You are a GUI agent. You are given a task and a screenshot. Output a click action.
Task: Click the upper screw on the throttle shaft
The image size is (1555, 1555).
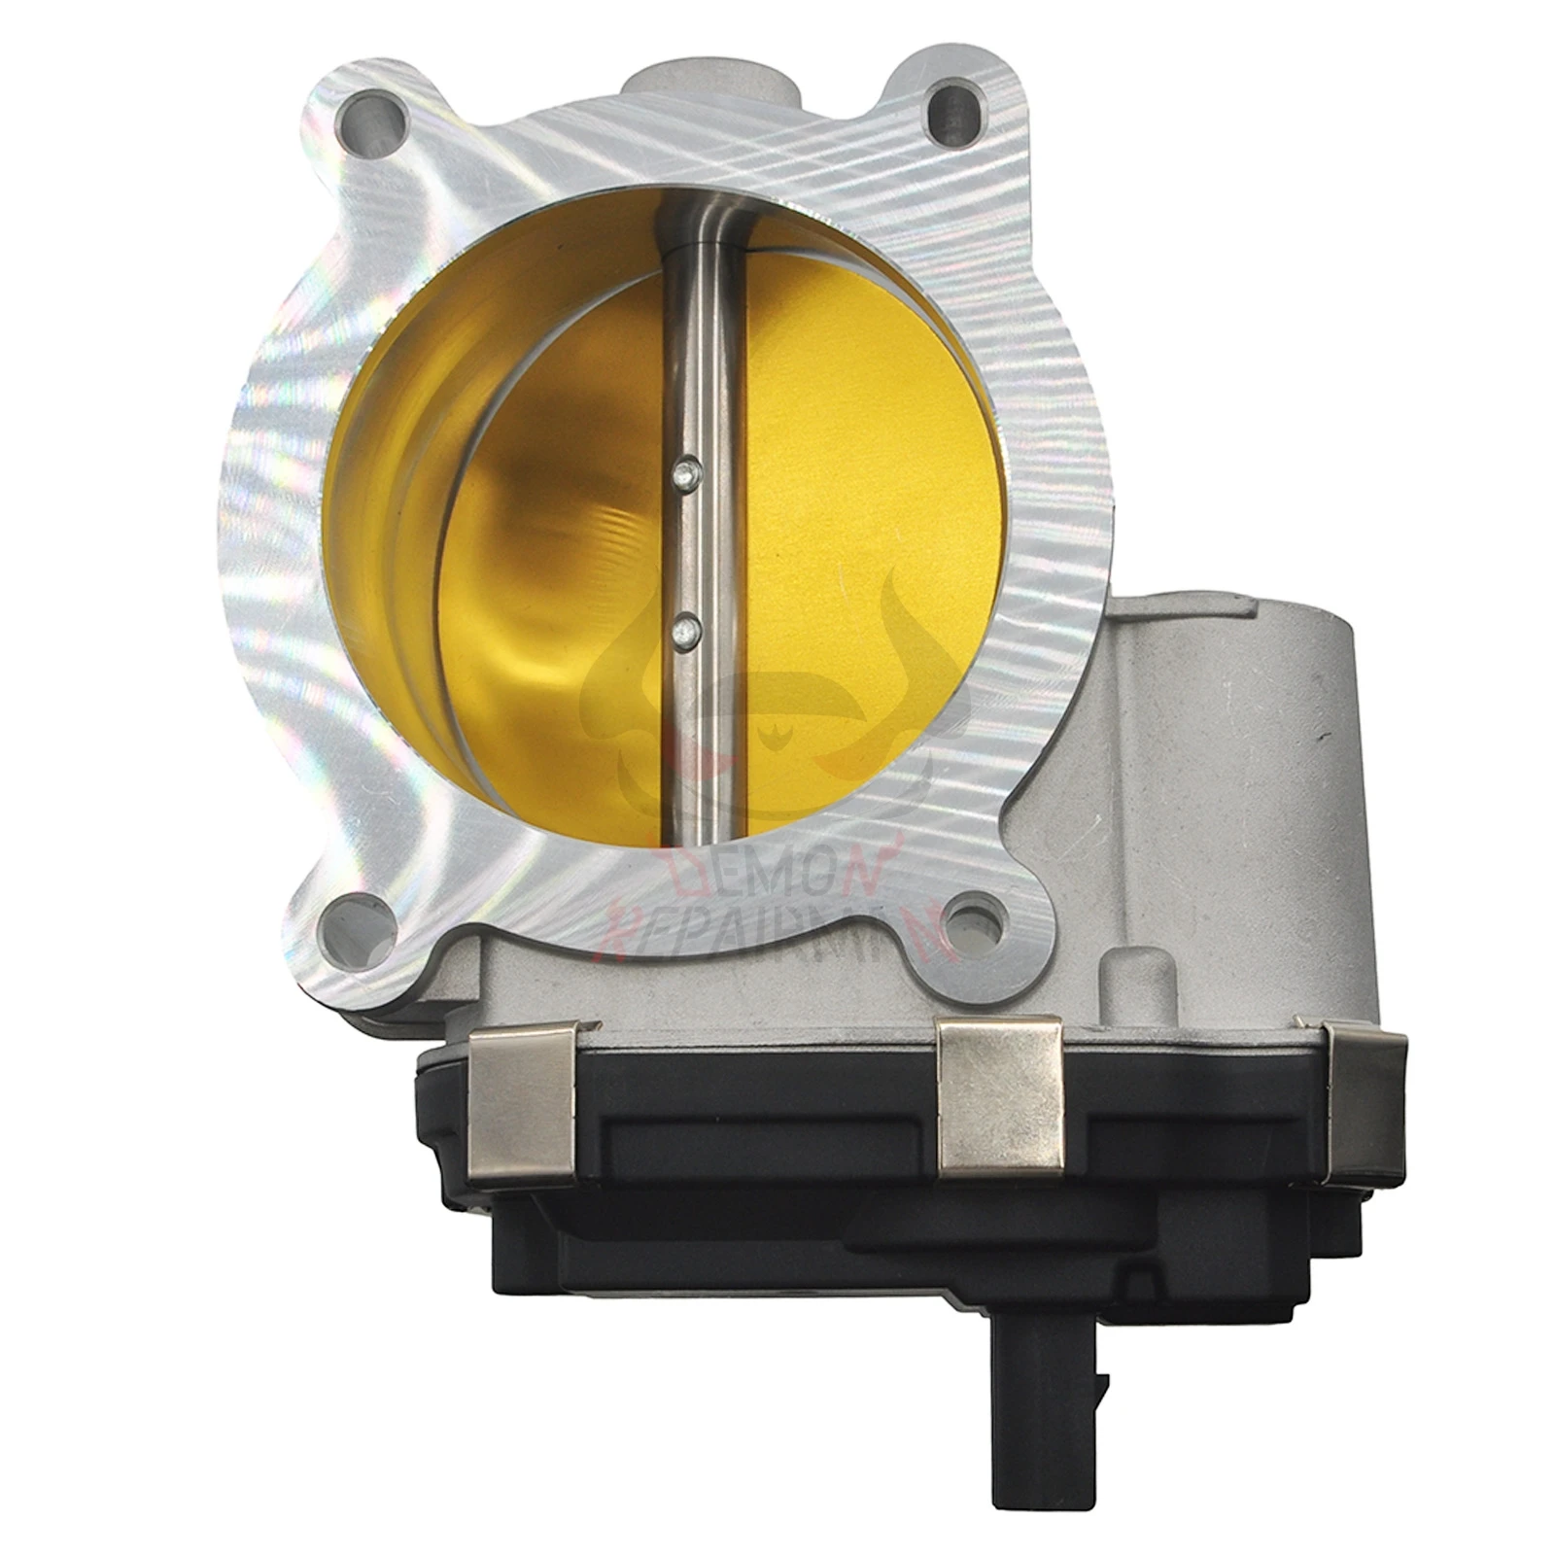pyautogui.click(x=687, y=473)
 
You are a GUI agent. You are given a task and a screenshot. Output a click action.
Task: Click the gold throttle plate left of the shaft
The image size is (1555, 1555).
pyautogui.click(x=554, y=583)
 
